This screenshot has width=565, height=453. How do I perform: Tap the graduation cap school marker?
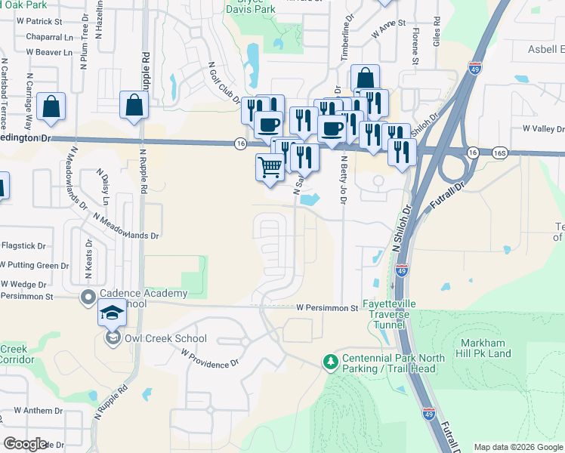point(112,313)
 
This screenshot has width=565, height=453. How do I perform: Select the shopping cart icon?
point(270,168)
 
